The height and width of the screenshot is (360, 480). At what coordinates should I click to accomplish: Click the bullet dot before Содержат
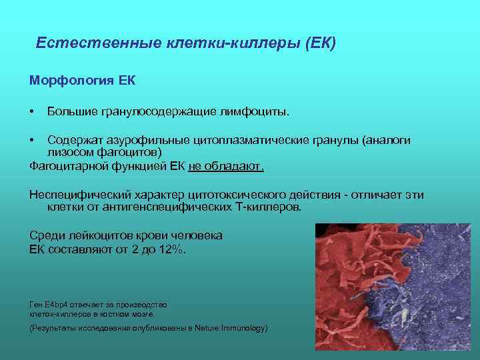32,141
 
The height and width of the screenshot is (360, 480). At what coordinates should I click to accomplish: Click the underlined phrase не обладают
226,166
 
